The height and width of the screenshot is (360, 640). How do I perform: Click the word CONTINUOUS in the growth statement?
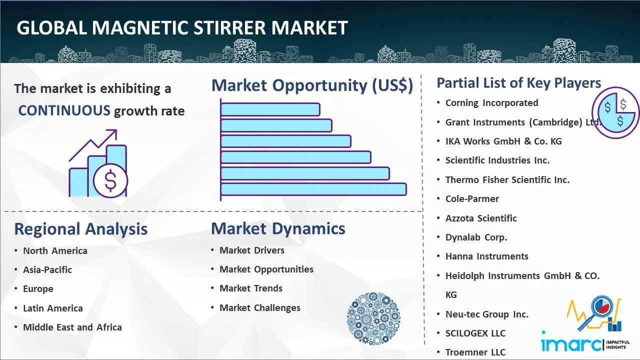point(64,110)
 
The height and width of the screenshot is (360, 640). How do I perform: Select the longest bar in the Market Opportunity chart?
point(313,189)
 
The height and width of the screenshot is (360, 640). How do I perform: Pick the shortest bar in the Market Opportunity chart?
point(270,109)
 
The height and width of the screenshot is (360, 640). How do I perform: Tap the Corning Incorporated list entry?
point(491,103)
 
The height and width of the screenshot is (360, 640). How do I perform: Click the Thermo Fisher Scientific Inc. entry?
point(507,179)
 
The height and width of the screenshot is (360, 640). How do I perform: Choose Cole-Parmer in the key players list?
point(472,199)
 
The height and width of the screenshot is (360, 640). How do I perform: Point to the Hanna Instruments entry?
point(487,256)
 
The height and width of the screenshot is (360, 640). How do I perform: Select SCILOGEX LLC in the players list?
point(475,333)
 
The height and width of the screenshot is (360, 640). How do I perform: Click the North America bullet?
point(55,251)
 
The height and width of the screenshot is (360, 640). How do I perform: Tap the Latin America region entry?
point(53,308)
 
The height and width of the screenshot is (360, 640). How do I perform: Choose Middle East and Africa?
point(72,327)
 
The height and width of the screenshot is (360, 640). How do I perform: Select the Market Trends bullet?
point(251,288)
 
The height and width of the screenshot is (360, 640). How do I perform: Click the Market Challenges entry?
point(260,307)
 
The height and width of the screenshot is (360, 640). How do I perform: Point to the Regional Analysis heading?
point(81,229)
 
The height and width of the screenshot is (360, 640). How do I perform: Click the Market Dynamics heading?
point(278,228)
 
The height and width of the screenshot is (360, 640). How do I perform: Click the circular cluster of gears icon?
point(373,318)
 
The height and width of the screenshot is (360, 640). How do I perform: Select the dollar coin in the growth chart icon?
point(110,181)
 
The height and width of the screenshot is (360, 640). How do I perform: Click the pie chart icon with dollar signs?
point(615,112)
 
